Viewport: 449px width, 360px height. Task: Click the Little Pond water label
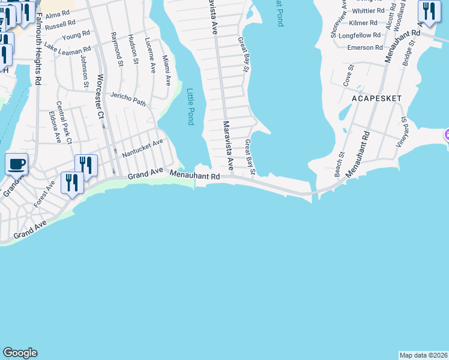pos(191,106)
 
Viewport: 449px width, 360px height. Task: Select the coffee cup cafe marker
pos(17,163)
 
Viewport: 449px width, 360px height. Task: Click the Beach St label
pos(340,163)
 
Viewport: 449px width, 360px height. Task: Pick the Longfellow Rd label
pos(360,35)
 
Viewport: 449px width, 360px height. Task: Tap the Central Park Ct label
pos(70,131)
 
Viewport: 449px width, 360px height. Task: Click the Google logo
pos(20,353)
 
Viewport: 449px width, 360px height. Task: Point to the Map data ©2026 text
pos(424,355)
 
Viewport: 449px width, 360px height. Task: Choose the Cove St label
pos(347,76)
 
